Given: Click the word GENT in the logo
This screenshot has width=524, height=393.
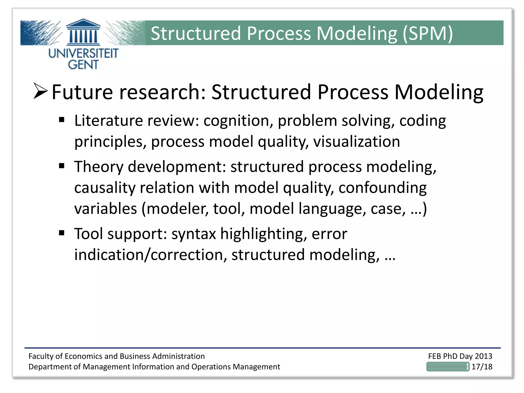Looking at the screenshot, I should [x=83, y=64].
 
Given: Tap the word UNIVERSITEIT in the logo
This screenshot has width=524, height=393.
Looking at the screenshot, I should [x=83, y=53].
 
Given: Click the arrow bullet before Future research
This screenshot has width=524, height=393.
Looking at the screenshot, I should [x=40, y=91].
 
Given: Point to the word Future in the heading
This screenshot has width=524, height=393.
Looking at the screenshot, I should [x=82, y=92].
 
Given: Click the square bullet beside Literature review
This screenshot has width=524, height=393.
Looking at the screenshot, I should [x=61, y=120].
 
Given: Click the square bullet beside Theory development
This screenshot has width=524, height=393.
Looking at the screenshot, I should [x=61, y=166].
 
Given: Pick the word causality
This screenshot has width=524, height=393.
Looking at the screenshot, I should [x=104, y=188].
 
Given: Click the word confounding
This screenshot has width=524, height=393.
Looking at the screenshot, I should [x=383, y=188].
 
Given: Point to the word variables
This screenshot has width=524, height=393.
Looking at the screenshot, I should [x=105, y=209].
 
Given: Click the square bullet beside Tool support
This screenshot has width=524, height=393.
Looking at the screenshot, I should [x=61, y=233].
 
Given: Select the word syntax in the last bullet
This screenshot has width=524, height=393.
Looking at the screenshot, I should [x=193, y=234].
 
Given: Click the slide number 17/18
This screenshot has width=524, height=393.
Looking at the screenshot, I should [x=482, y=367].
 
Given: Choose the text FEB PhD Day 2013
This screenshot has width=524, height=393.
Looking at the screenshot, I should [x=460, y=356].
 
